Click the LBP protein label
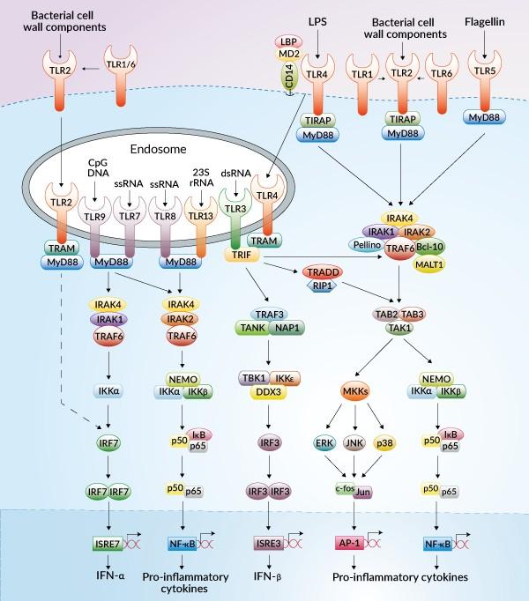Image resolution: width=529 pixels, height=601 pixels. [287, 41]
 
